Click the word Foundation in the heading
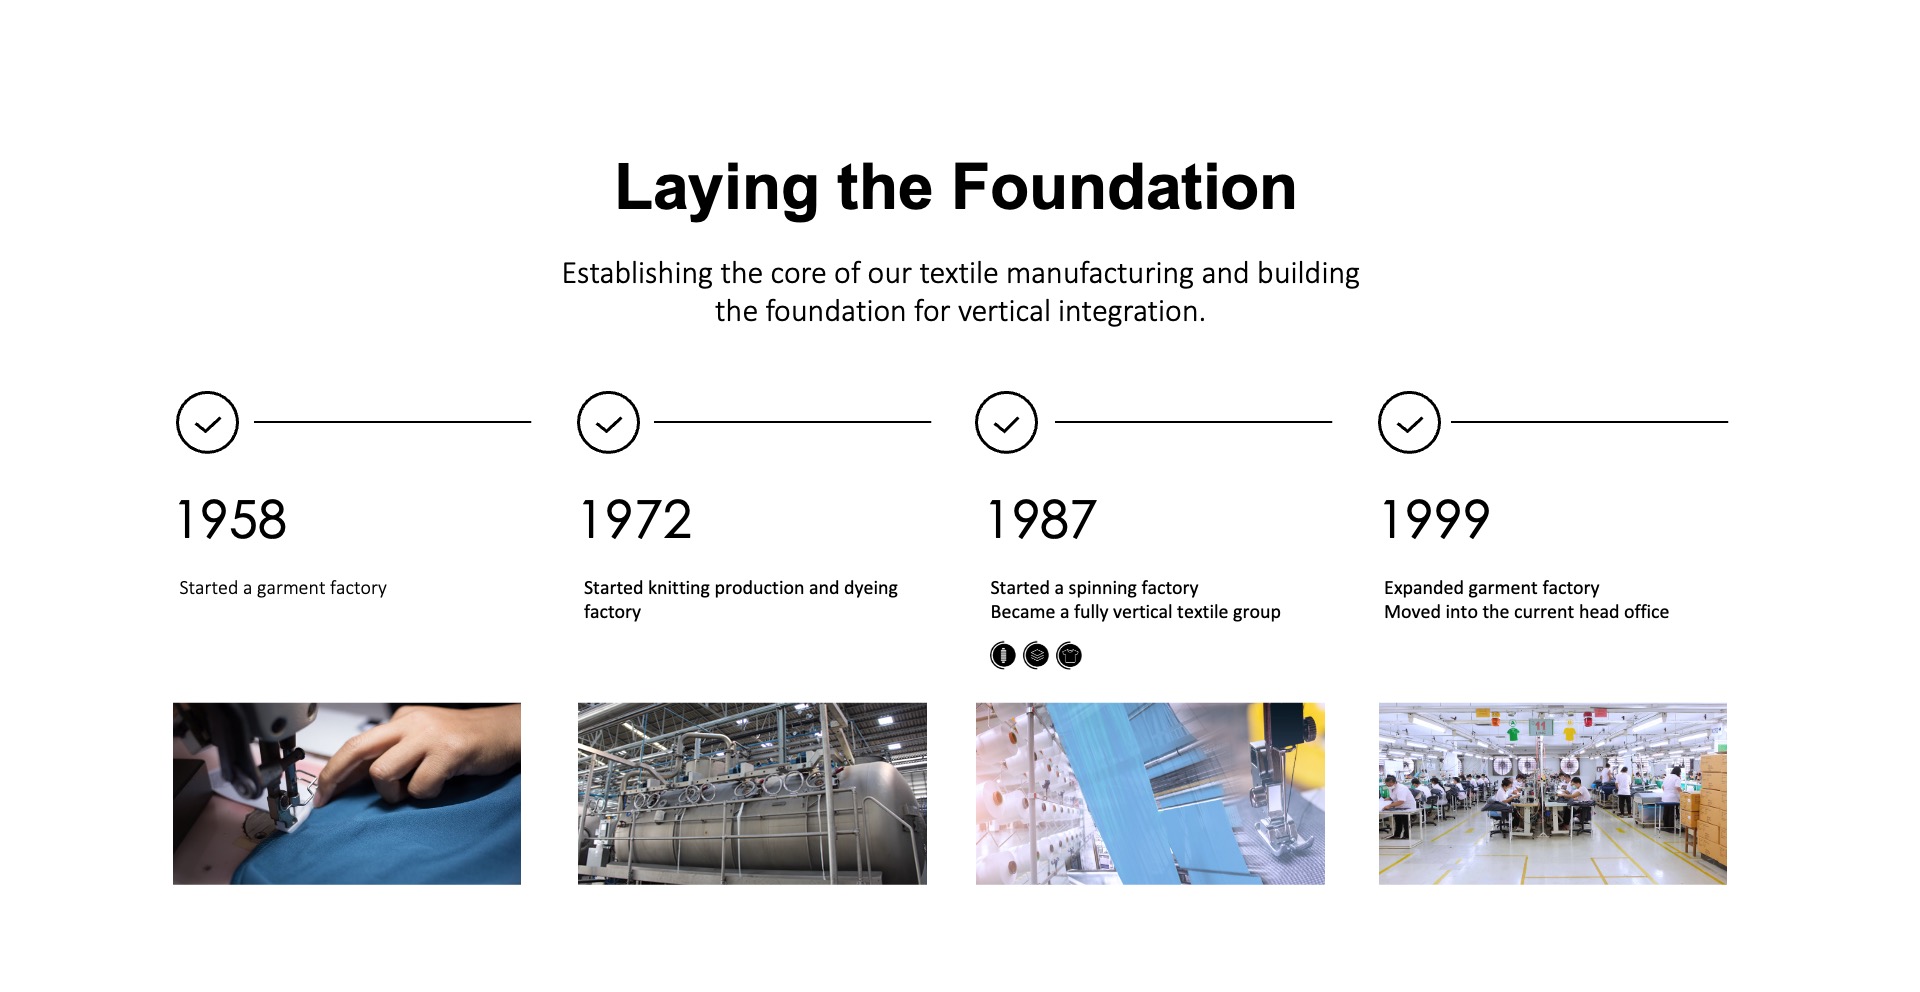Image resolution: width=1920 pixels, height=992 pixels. tap(1124, 187)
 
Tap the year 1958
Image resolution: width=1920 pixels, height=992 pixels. tap(232, 520)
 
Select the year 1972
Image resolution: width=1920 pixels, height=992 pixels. tap(637, 520)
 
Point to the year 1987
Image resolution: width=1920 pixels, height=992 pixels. tap(1042, 520)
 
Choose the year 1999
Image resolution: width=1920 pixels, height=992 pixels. tap(1436, 520)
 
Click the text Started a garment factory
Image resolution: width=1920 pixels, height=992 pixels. tap(283, 588)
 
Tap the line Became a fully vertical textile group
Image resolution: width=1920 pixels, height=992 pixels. tap(1135, 612)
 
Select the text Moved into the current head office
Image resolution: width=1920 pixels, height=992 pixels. tap(1526, 612)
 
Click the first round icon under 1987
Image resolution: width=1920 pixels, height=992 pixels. tap(1003, 655)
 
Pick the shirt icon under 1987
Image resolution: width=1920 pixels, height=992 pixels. tap(1069, 655)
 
